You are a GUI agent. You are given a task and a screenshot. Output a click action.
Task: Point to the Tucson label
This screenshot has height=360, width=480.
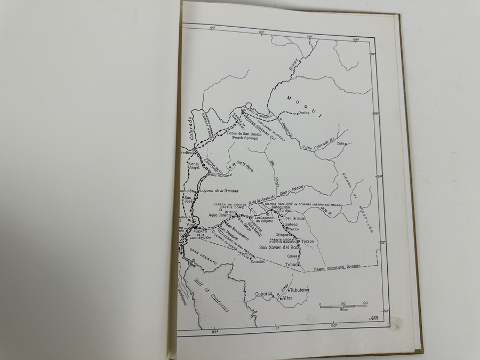[x=308, y=242]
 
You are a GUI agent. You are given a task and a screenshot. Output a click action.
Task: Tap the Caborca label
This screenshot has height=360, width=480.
[x=264, y=293]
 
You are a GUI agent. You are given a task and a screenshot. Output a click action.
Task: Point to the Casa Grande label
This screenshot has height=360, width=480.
[x=294, y=218]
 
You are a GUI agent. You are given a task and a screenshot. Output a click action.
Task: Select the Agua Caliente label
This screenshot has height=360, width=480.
[x=207, y=215]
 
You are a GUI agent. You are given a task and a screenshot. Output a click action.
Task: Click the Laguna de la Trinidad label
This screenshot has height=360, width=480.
[x=219, y=191]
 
